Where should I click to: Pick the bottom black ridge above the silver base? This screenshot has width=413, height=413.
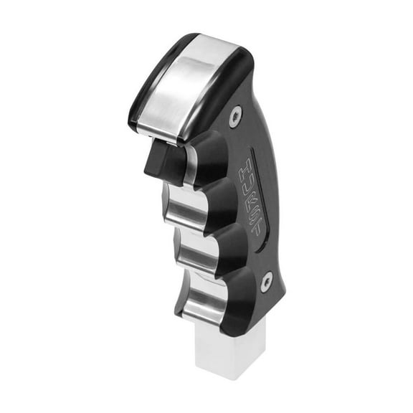pyautogui.click(x=240, y=319)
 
